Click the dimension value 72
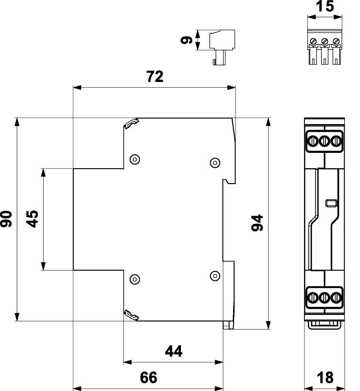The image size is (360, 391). [154, 77]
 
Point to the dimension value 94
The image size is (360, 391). [258, 223]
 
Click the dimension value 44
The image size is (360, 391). [173, 352]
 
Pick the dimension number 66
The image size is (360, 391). [148, 378]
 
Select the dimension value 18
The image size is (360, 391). [325, 378]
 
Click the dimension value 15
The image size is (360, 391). [325, 6]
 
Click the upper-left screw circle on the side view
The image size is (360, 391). [135, 159]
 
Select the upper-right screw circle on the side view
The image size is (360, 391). [215, 162]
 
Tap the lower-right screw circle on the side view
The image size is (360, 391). [215, 275]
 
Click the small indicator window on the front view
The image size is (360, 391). [330, 204]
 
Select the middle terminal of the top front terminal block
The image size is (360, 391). [325, 141]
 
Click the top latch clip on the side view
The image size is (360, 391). [131, 124]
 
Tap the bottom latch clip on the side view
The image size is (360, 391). [131, 315]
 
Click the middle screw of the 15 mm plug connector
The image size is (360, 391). [325, 41]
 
